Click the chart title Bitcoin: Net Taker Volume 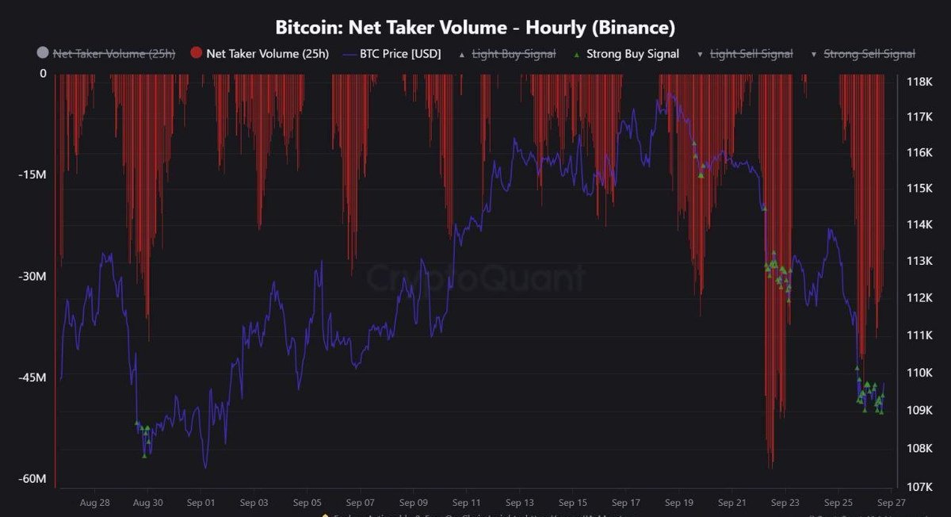(x=475, y=28)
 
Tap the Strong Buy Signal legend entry (x=632, y=54)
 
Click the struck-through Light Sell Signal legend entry (x=751, y=54)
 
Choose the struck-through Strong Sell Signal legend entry (x=869, y=54)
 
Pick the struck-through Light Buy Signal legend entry (x=514, y=54)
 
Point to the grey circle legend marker (x=43, y=54)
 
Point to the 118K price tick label (x=919, y=80)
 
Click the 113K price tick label (x=919, y=261)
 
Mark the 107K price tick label (x=919, y=486)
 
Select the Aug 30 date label (x=147, y=503)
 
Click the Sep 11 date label (x=467, y=503)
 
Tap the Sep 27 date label (x=892, y=503)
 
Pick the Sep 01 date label (x=201, y=503)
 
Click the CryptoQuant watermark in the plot (x=475, y=278)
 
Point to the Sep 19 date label (x=679, y=503)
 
